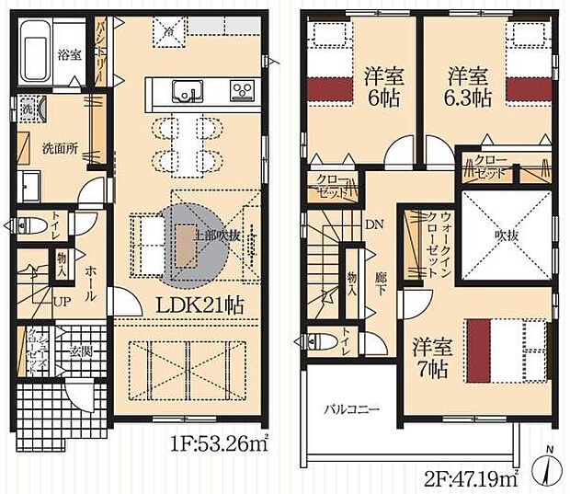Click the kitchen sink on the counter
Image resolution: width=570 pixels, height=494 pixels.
[x=189, y=91]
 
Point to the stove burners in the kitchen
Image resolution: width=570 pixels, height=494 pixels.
[x=243, y=90]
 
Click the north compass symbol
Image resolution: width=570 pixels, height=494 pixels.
[x=547, y=469]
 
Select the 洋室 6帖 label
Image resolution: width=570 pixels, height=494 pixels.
[x=377, y=85]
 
